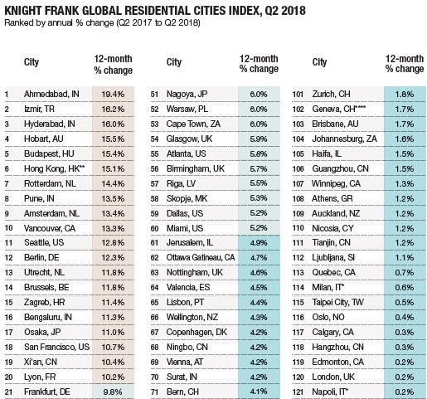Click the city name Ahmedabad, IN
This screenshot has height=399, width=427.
click(x=51, y=95)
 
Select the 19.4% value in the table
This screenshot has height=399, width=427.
click(x=113, y=95)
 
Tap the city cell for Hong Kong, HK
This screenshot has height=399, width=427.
click(x=54, y=168)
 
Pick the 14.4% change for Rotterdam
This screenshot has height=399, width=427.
click(x=113, y=183)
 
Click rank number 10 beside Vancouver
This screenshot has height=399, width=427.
click(x=8, y=228)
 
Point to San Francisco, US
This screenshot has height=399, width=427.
click(x=56, y=347)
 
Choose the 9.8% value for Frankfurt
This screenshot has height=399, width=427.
click(x=113, y=392)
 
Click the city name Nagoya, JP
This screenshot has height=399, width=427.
click(x=187, y=95)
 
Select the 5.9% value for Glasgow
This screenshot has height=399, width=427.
click(x=259, y=139)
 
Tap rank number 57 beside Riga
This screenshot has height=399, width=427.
click(x=154, y=183)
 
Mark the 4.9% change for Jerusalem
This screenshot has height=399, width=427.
click(x=259, y=243)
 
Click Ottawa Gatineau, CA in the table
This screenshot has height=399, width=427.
click(x=201, y=258)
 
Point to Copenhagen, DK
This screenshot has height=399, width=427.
click(x=197, y=333)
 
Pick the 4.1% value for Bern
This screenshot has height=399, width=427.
click(x=259, y=392)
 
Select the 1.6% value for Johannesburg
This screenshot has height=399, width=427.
click(x=405, y=139)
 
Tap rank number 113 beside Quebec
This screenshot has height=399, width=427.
click(x=298, y=273)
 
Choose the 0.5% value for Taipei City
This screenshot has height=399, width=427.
click(x=405, y=303)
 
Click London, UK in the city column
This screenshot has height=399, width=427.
click(x=333, y=377)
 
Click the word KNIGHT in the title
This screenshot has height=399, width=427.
click(x=22, y=11)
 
